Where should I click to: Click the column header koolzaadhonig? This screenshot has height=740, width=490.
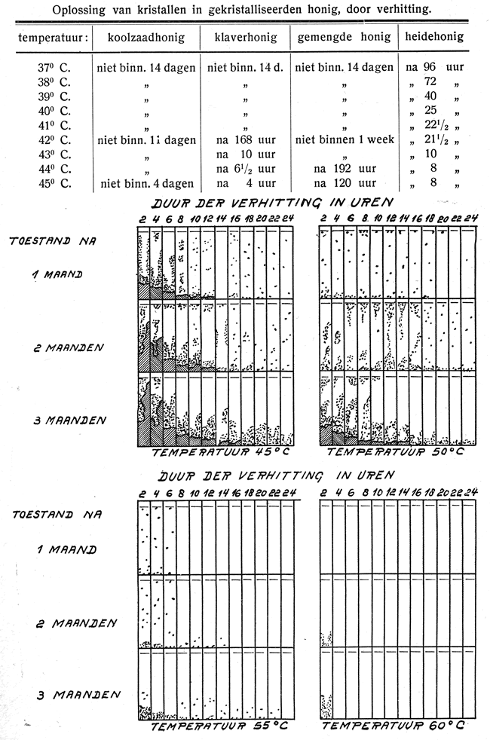point(143,38)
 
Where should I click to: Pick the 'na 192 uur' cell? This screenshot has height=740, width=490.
point(345,169)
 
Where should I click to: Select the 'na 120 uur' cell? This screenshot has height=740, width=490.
point(345,183)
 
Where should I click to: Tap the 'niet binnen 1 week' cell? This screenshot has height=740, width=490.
point(345,139)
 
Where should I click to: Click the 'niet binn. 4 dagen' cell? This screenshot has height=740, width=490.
point(145,183)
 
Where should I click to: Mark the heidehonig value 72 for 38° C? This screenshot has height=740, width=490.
point(432,82)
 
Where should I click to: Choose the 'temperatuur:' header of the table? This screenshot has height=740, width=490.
point(49,38)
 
